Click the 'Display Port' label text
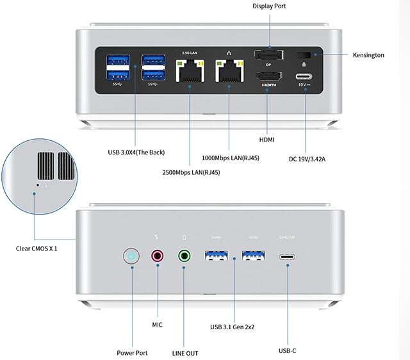coord(269,6)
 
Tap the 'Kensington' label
coord(368,55)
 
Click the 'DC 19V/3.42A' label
coord(309,160)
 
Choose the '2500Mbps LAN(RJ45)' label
coord(190,172)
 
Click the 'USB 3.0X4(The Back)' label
coord(136,152)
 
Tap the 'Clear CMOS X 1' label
coord(37,249)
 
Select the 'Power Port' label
coord(132,352)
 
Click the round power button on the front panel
coord(131,257)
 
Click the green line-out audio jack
coord(184,257)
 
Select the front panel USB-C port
coord(287,257)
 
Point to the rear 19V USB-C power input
coord(304,80)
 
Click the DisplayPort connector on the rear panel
coord(269,55)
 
